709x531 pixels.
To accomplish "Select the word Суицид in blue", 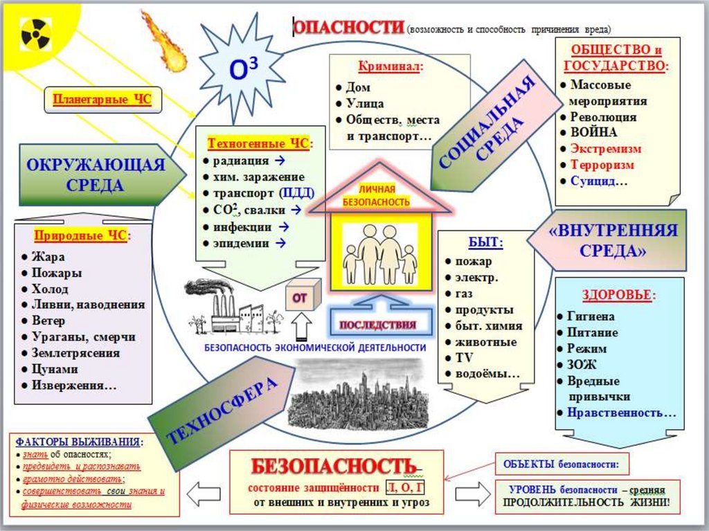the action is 596,181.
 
